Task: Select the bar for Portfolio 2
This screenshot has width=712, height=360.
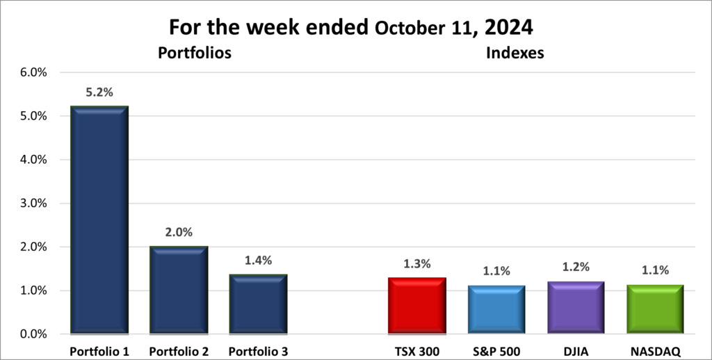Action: pos(178,290)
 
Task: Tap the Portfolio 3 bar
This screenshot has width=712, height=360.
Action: pos(258,304)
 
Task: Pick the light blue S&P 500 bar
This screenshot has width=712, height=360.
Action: pos(496,309)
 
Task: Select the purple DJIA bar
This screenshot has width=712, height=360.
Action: pos(575,307)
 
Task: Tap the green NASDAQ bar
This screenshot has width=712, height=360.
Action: pos(655,309)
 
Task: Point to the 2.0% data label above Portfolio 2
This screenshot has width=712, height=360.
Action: pos(178,232)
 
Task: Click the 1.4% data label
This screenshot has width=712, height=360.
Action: pos(258,260)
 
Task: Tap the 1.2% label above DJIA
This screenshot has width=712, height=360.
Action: pos(575,268)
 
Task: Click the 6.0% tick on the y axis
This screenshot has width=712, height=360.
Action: pos(32,72)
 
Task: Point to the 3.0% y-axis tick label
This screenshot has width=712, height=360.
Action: pos(32,204)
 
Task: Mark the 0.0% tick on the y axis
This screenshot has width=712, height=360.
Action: pos(32,334)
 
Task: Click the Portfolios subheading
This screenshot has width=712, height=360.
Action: pos(194,53)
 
